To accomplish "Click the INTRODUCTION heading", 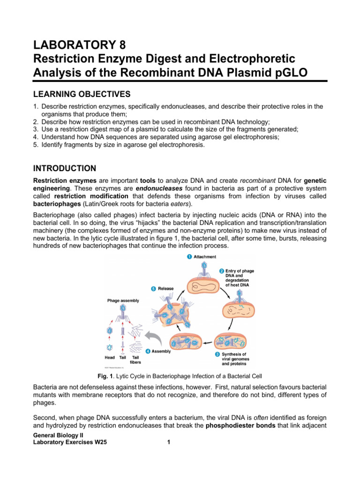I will (x=65, y=168).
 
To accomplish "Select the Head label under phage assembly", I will (x=109, y=357).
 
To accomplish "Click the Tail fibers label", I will (x=135, y=360).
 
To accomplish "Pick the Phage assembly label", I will (x=123, y=300).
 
